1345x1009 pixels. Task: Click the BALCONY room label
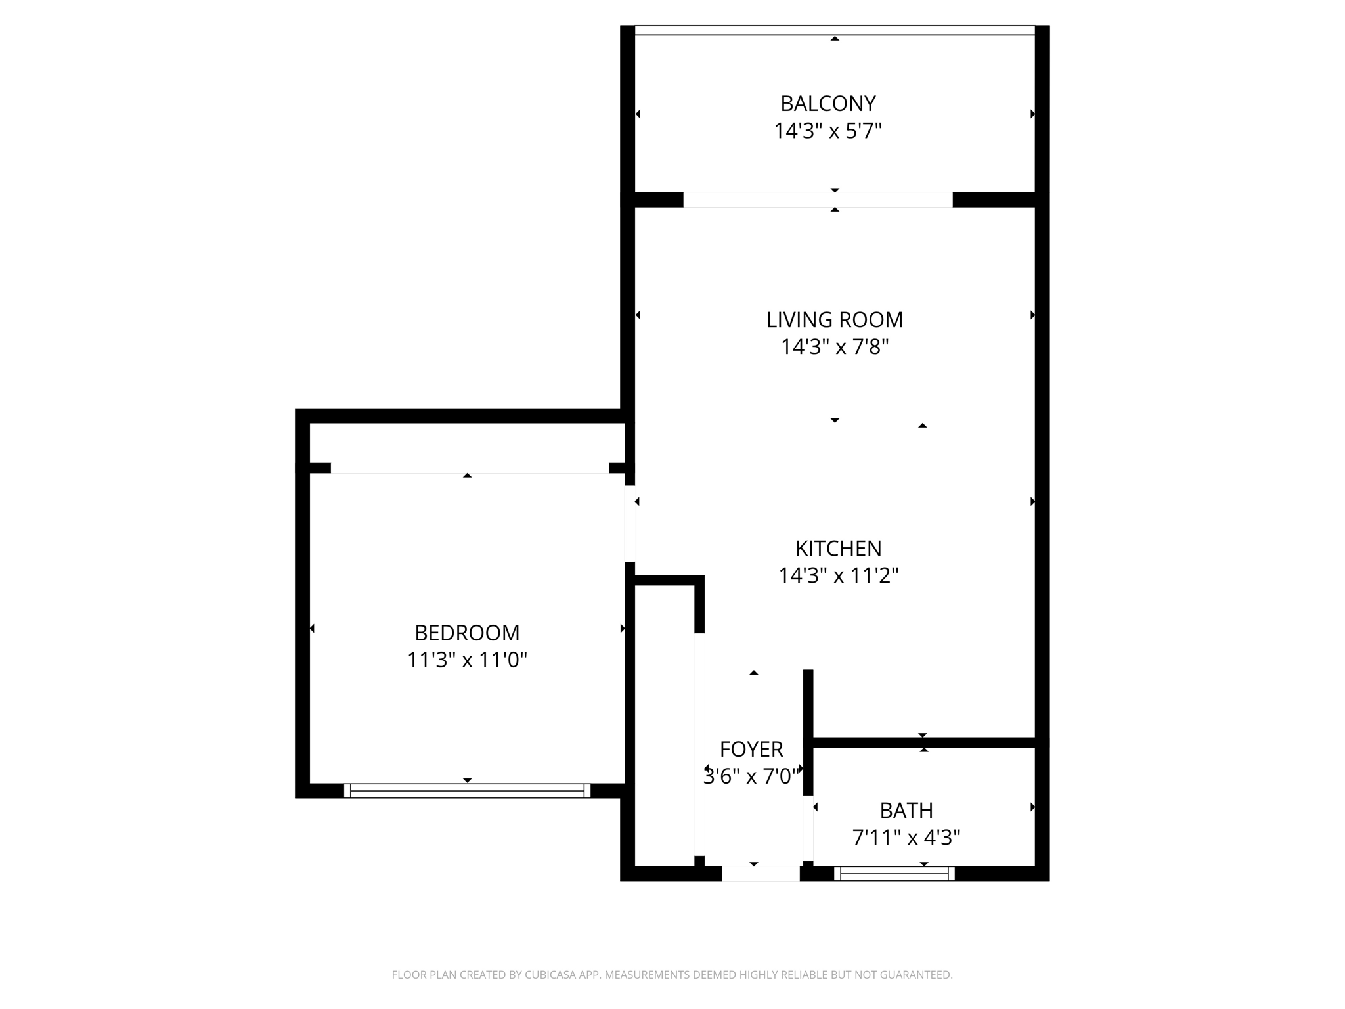(827, 104)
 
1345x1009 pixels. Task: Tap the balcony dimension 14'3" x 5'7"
(827, 131)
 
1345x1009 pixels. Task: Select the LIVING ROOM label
(834, 320)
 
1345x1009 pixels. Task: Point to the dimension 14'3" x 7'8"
(834, 347)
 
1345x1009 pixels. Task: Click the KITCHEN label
(838, 549)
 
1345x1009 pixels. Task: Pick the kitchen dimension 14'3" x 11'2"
(838, 576)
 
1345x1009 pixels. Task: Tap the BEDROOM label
(467, 633)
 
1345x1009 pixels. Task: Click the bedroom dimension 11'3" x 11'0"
(467, 660)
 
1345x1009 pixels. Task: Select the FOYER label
(751, 750)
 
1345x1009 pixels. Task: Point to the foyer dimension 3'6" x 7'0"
(751, 777)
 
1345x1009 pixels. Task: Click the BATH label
(906, 811)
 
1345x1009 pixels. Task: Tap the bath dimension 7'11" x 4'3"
(906, 838)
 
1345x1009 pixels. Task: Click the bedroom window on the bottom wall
(467, 791)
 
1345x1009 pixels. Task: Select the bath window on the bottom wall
(894, 874)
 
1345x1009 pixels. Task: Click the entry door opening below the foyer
(761, 874)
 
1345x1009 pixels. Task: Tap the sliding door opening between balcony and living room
(818, 200)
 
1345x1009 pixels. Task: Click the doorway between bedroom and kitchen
(630, 524)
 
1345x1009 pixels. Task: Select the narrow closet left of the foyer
(664, 723)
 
